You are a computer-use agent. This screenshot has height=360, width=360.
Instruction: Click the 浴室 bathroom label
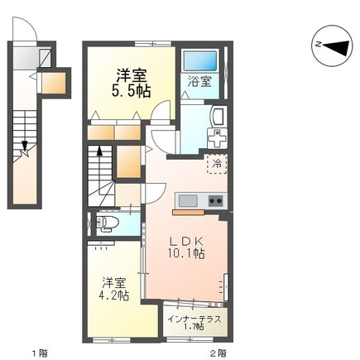pyautogui.click(x=199, y=82)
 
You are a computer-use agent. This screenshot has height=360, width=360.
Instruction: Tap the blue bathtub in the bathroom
pyautogui.click(x=200, y=61)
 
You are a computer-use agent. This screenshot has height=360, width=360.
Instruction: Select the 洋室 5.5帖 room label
pyautogui.click(x=131, y=84)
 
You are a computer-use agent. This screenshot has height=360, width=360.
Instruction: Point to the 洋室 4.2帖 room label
pyautogui.click(x=114, y=289)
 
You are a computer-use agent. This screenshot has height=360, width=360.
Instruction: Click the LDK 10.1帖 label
pyautogui.click(x=186, y=247)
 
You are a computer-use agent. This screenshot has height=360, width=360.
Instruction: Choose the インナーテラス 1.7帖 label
pyautogui.click(x=194, y=323)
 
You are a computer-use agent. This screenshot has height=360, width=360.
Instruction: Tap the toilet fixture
pyautogui.click(x=107, y=223)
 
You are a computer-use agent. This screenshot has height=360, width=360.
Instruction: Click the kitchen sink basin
pyautogui.click(x=188, y=201)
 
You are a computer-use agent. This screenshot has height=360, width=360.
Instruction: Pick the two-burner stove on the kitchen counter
pyautogui.click(x=216, y=201)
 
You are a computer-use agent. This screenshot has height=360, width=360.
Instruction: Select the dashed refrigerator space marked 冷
pyautogui.click(x=217, y=164)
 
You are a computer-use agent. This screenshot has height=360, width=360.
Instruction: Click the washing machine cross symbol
pyautogui.click(x=217, y=138)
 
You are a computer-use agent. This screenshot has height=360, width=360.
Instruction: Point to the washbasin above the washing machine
pyautogui.click(x=218, y=117)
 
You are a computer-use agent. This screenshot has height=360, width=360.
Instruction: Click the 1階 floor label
pyautogui.click(x=41, y=353)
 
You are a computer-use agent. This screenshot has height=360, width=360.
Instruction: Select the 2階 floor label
pyautogui.click(x=218, y=353)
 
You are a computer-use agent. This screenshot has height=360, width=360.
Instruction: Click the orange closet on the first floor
pyautogui.click(x=54, y=84)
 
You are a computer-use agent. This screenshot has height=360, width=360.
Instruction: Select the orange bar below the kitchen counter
pyautogui.click(x=189, y=212)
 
